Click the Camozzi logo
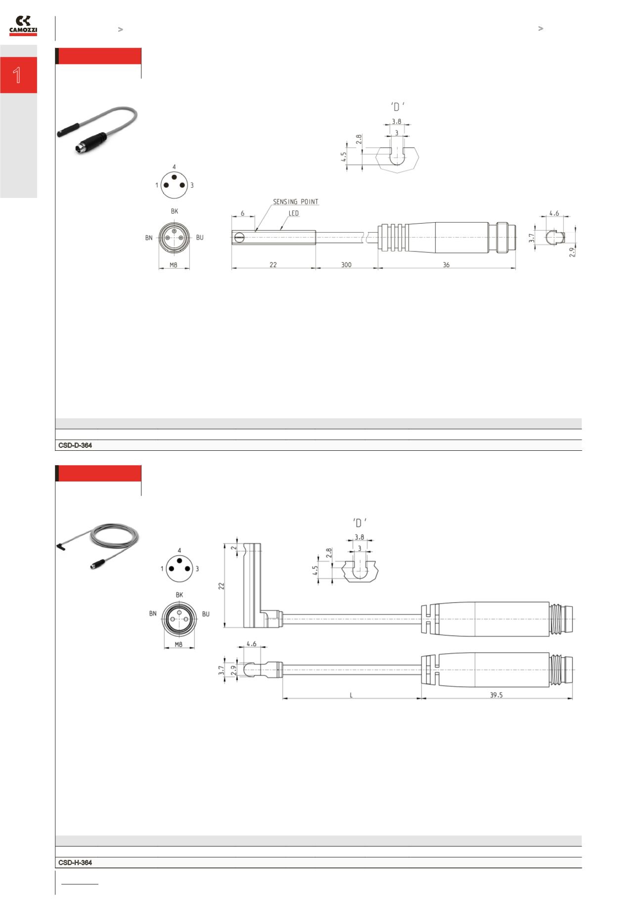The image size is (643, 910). [23, 26]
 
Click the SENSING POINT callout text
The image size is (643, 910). [296, 202]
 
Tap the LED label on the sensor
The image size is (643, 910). [294, 214]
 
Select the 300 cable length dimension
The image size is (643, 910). [346, 265]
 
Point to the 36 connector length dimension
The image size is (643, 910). [446, 265]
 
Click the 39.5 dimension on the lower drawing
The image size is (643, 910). [496, 695]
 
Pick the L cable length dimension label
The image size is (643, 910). [351, 695]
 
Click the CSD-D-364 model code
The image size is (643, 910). [75, 445]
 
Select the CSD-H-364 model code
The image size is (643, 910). [75, 862]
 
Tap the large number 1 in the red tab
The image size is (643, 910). [18, 75]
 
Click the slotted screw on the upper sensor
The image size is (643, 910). [240, 238]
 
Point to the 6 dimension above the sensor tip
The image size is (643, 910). [242, 213]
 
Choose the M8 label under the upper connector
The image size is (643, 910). [174, 265]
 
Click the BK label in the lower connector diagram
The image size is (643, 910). [180, 595]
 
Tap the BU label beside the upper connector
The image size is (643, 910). [200, 238]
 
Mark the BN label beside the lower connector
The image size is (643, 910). [153, 614]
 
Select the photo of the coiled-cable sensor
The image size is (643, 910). [98, 547]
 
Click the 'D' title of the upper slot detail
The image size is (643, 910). [396, 107]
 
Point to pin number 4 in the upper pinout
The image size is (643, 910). [174, 167]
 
